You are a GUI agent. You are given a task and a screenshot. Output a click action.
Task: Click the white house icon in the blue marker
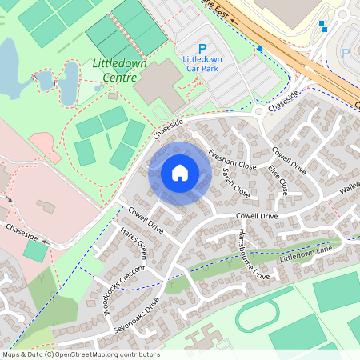pos(179,173)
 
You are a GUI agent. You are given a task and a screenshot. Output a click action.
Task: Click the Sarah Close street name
pos(236,183)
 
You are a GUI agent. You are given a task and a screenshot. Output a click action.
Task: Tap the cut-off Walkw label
pos(349,190)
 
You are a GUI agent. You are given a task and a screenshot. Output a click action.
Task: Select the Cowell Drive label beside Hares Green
pos(145,221)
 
